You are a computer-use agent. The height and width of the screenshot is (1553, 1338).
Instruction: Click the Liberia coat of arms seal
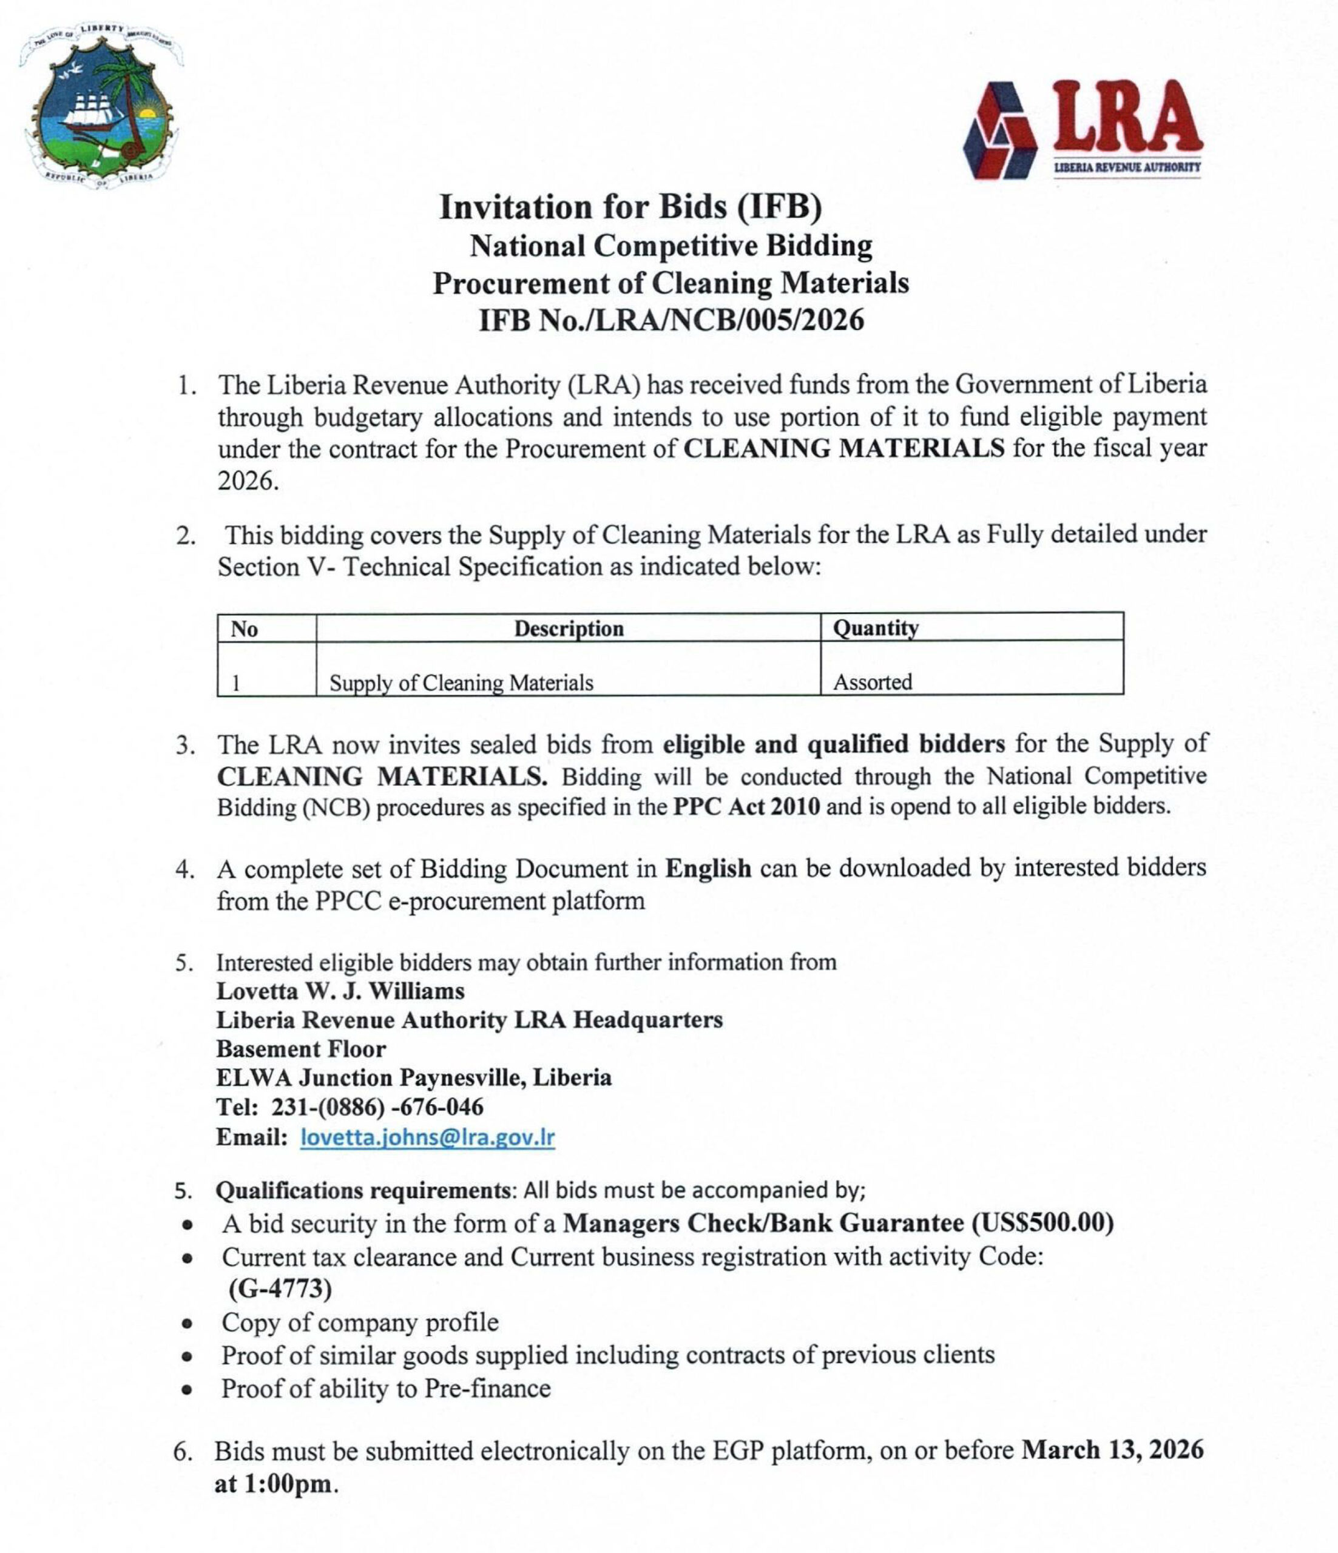100,105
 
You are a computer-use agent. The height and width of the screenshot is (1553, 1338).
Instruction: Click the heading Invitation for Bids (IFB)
630,207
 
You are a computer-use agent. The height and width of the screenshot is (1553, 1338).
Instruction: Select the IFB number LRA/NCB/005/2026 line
671,321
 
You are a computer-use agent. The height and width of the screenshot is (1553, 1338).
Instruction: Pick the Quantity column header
876,627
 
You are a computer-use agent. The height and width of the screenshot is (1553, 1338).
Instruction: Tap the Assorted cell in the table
873,682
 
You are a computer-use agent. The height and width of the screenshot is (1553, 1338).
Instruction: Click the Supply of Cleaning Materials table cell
461,683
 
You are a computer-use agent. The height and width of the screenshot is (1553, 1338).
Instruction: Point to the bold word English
708,868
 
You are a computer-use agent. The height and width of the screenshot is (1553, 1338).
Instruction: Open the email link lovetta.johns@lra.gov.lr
427,1137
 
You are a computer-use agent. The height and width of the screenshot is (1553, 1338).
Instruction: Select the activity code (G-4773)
280,1289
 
